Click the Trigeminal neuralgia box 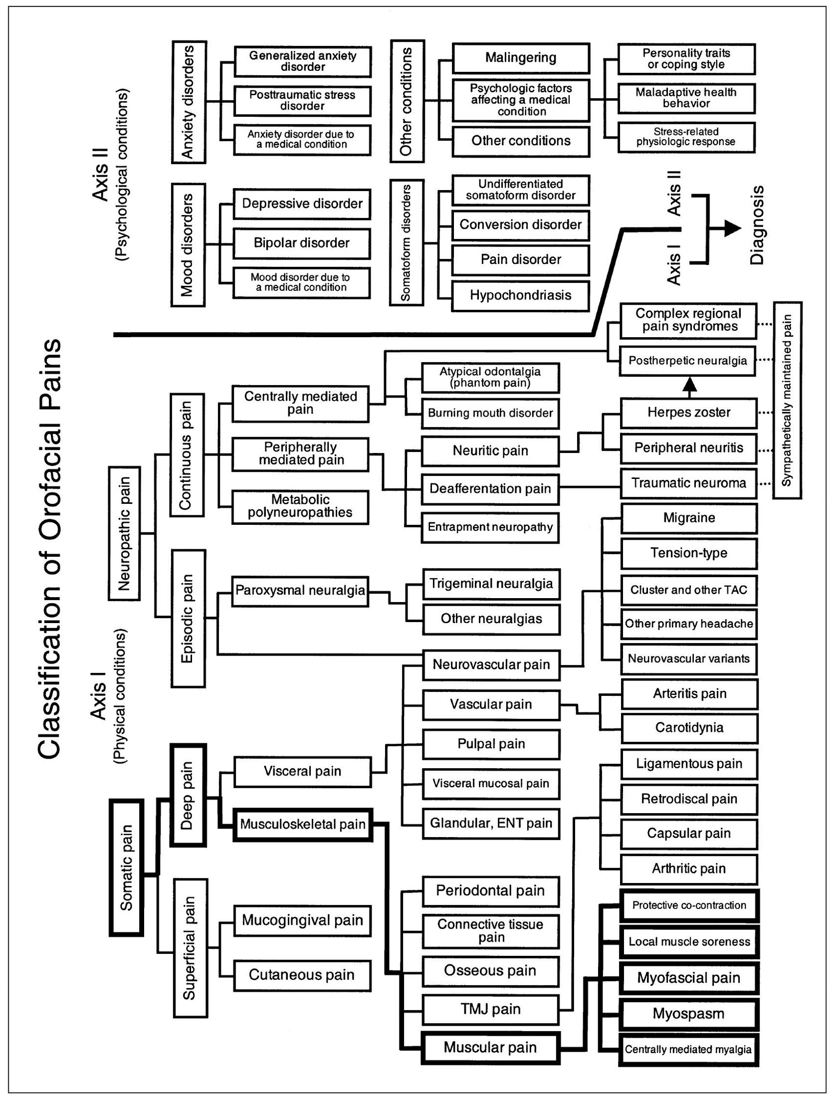tap(491, 584)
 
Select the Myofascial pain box tap(689, 978)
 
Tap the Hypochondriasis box tap(520, 295)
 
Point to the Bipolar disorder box tap(302, 243)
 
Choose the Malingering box tap(520, 58)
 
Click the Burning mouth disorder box tap(490, 413)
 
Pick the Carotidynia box tap(689, 727)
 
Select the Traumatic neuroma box tap(689, 483)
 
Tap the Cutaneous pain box tap(302, 975)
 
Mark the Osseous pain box tap(490, 970)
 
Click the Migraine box tap(689, 518)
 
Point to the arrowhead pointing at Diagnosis tap(732, 228)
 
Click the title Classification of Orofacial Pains tap(49, 549)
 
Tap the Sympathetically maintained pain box tap(787, 400)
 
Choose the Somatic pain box tap(126, 868)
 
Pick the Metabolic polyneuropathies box tap(300, 506)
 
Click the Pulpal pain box tap(491, 744)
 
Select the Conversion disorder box tap(520, 224)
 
